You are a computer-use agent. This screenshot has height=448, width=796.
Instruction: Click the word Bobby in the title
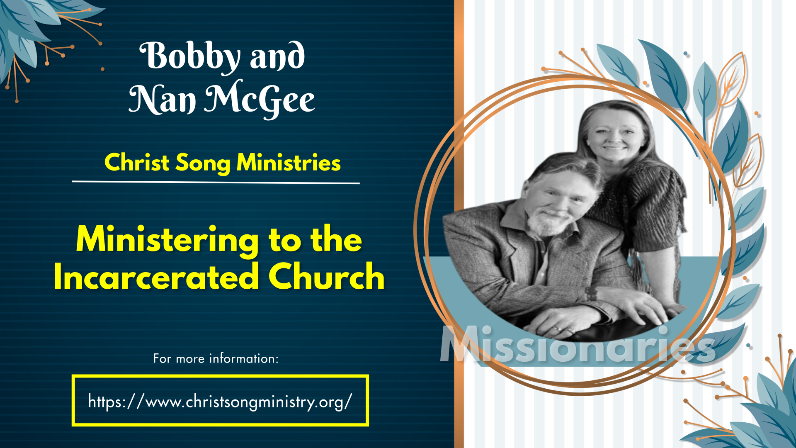(x=190, y=57)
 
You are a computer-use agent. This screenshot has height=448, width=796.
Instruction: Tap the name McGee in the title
(x=260, y=99)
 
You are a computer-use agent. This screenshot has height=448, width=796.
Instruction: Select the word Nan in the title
(x=162, y=100)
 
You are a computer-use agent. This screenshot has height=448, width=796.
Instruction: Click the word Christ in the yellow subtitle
(x=137, y=162)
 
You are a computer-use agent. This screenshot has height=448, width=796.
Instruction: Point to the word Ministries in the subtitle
(x=289, y=162)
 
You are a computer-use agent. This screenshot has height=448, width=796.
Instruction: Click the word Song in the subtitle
(x=203, y=163)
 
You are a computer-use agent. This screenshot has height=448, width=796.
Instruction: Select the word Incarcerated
(x=156, y=277)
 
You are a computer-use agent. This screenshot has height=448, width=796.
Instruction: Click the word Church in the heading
(x=327, y=276)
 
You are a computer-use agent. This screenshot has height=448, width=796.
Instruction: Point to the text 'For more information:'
(x=216, y=358)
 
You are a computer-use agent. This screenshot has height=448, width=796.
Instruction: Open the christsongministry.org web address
(x=220, y=402)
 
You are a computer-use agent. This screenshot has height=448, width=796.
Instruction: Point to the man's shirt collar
(x=518, y=220)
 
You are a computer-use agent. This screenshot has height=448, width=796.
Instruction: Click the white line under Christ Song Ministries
(x=216, y=182)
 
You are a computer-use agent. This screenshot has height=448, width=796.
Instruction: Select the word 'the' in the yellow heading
(x=336, y=239)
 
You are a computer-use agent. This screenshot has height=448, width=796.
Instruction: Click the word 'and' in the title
(x=277, y=56)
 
